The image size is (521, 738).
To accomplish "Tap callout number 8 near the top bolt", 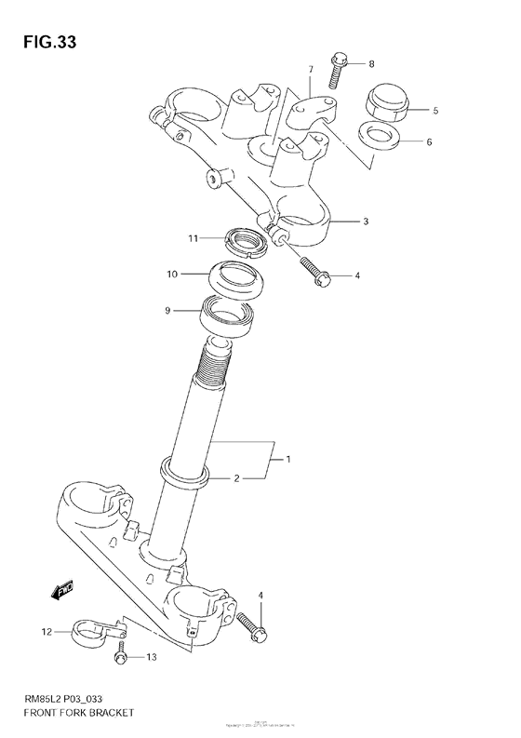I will (x=371, y=64).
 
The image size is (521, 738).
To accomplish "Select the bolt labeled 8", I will (x=339, y=67).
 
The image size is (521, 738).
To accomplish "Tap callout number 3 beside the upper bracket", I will (x=367, y=221).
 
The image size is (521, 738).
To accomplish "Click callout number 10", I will (x=171, y=275).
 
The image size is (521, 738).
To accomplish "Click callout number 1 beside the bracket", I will (x=289, y=460).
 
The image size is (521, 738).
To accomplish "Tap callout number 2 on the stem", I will (x=236, y=478).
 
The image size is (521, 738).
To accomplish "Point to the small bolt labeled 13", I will (x=120, y=658).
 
